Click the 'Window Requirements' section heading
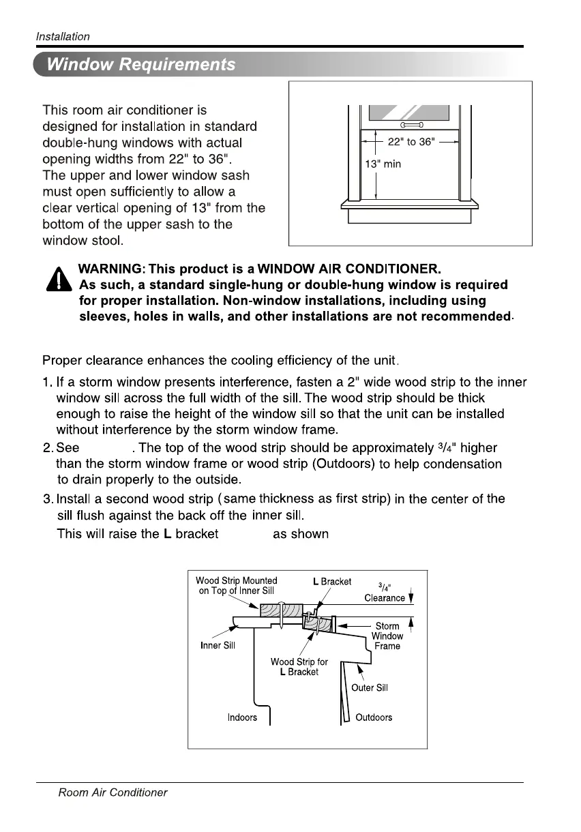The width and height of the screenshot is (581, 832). click(x=140, y=65)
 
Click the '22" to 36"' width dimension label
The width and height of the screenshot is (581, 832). click(x=411, y=142)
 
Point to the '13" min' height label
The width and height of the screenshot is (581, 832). click(x=385, y=164)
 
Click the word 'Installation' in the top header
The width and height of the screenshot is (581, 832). click(x=63, y=37)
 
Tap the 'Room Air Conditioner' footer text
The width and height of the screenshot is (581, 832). click(x=113, y=792)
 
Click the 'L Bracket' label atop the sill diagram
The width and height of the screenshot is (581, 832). click(x=332, y=582)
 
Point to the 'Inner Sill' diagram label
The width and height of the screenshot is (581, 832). click(x=218, y=646)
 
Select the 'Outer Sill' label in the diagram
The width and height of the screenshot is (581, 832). click(x=370, y=687)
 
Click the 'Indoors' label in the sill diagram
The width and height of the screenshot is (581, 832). click(x=242, y=717)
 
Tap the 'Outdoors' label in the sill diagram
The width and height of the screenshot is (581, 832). click(x=374, y=717)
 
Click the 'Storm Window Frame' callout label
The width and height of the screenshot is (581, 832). click(x=387, y=636)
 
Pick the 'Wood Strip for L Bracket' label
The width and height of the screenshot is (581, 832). click(x=299, y=667)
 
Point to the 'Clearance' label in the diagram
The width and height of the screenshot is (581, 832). click(x=385, y=598)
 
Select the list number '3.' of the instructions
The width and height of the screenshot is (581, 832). click(x=48, y=499)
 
